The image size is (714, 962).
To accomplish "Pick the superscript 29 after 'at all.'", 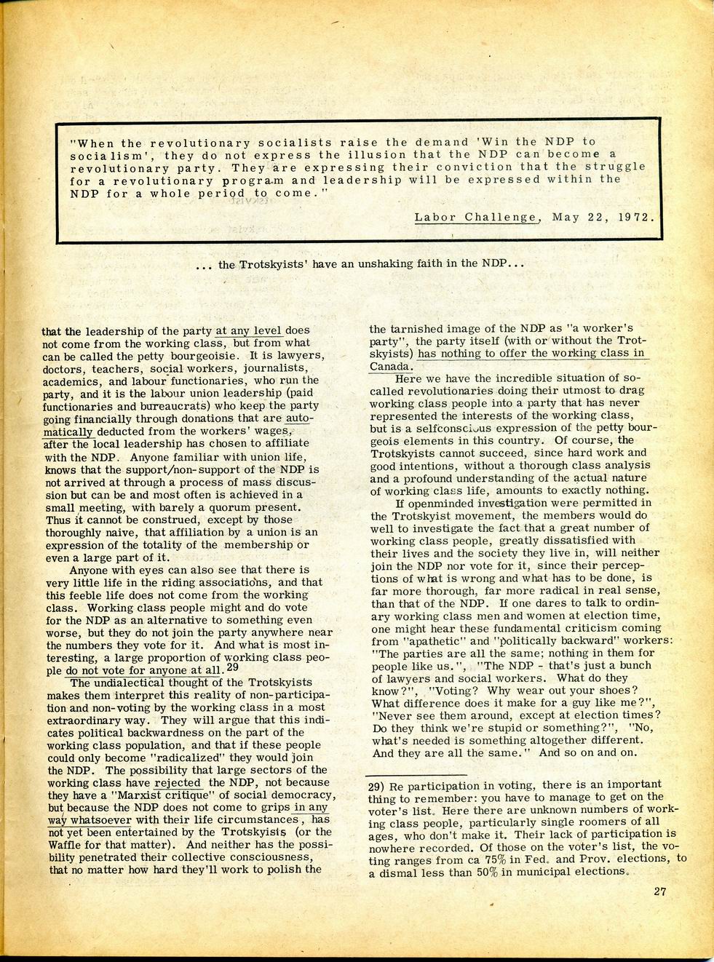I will pyautogui.click(x=232, y=667).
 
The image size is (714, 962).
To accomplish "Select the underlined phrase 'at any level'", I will pyautogui.click(x=248, y=330).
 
